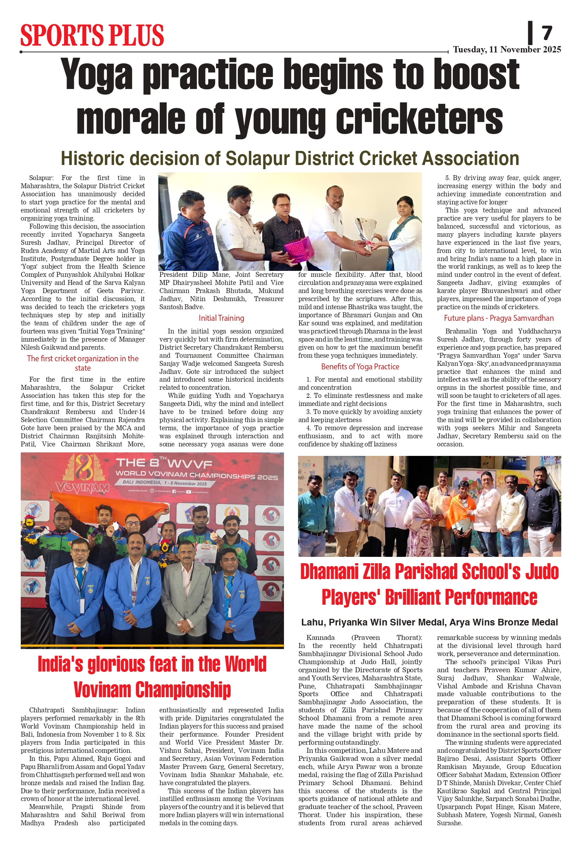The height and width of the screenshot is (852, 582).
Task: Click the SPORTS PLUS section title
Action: pos(92,35)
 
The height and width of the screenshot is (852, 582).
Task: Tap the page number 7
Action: pos(546,33)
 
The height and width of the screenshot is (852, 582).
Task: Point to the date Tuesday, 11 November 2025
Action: pos(506,50)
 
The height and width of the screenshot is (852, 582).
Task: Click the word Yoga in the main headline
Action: pos(96,75)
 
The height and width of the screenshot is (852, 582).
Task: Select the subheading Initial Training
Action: pos(221,318)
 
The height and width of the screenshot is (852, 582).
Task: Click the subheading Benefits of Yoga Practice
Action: pos(360,367)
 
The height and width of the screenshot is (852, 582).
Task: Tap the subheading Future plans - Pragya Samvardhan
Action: pos(498,318)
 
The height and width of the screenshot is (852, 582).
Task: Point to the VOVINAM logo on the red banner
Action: pos(82,488)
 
